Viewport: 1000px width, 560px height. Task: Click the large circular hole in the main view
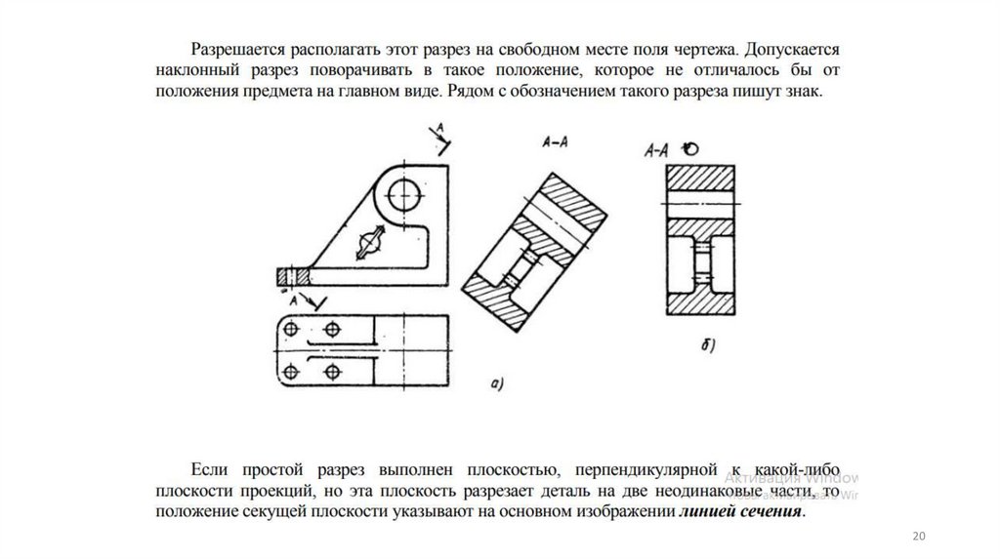(401, 195)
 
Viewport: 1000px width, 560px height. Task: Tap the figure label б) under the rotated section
(708, 342)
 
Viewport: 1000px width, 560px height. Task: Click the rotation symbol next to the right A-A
(690, 149)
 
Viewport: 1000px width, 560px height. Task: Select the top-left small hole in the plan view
(290, 329)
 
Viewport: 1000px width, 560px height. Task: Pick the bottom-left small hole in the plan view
(290, 371)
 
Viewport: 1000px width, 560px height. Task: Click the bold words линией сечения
(741, 513)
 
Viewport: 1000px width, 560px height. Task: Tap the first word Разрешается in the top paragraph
(232, 48)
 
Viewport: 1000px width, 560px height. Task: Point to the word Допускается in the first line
(791, 48)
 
